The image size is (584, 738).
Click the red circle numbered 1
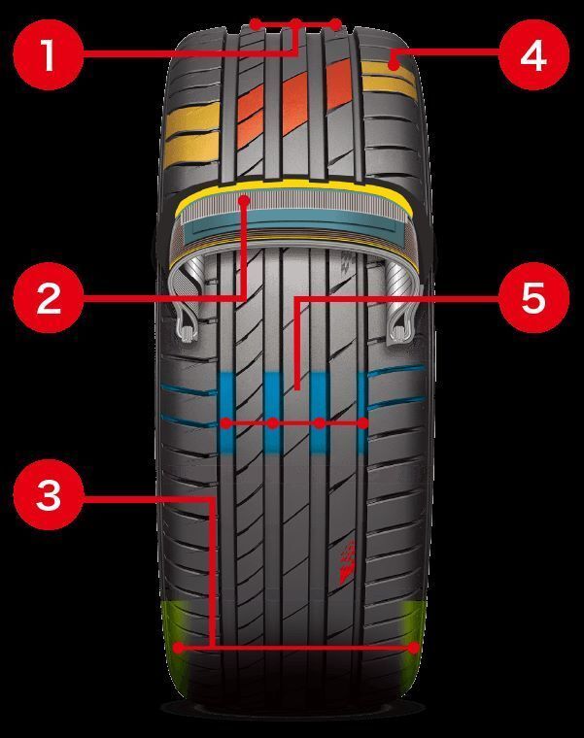click(x=49, y=54)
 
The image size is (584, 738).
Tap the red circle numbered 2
click(x=49, y=298)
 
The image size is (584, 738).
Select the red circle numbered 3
click(x=49, y=495)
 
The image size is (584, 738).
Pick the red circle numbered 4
click(x=533, y=54)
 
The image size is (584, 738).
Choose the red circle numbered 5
click(x=533, y=298)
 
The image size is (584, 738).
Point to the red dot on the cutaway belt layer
click(x=244, y=201)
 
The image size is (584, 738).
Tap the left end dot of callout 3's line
click(x=179, y=648)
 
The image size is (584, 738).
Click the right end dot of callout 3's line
click(x=414, y=648)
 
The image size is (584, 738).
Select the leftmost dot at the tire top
click(x=256, y=24)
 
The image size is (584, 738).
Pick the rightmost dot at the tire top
click(x=336, y=24)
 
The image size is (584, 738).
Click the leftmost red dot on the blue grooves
click(x=226, y=423)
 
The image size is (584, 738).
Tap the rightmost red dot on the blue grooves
click(x=362, y=423)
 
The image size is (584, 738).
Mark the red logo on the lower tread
click(x=348, y=562)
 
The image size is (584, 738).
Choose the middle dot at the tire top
click(x=295, y=24)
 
